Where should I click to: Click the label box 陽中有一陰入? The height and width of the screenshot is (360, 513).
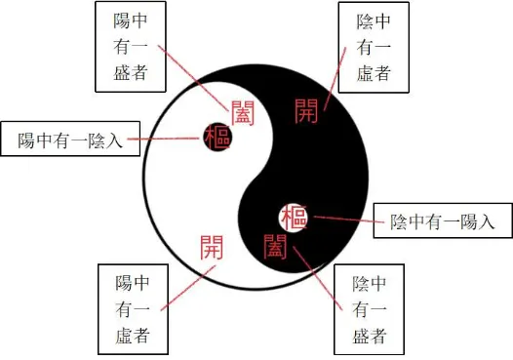click(70, 140)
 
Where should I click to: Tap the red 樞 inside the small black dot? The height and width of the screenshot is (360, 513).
click(217, 138)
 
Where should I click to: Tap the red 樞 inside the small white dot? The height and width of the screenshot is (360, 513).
click(294, 216)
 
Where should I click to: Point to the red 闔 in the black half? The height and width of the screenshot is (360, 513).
click(274, 243)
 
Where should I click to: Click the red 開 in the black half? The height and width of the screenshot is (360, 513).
click(305, 110)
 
